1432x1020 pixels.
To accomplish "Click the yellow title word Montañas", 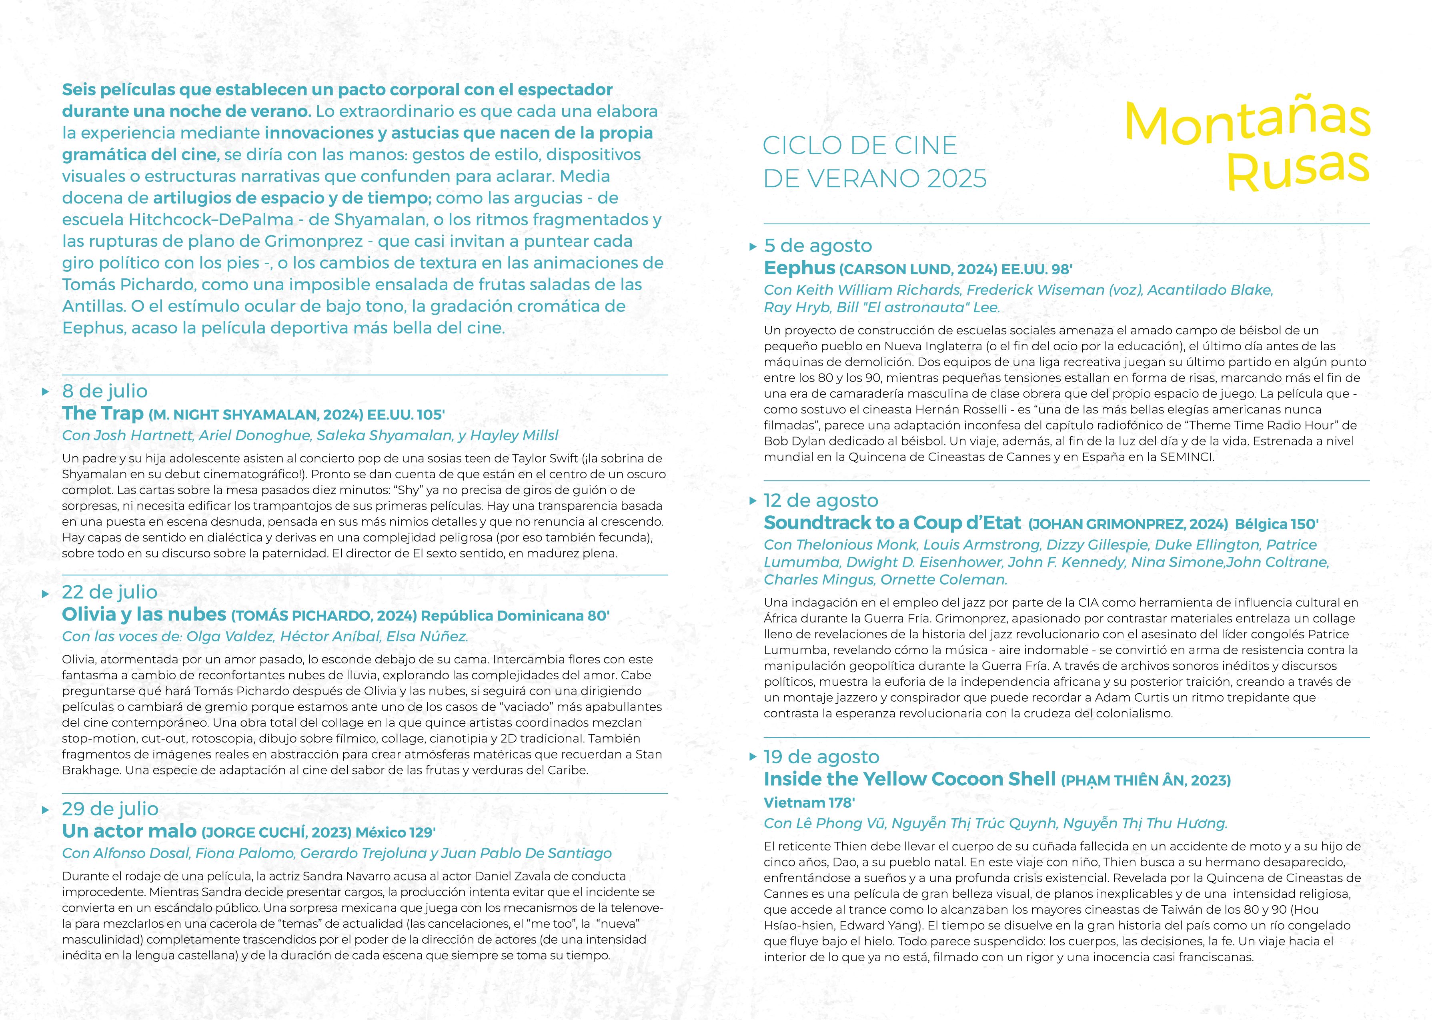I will point(1247,122).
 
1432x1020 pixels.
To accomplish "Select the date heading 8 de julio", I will point(104,391).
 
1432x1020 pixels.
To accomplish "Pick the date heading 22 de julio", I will point(109,592).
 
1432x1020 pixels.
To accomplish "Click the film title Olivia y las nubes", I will point(144,614).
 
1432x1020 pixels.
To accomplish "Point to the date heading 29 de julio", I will point(110,809).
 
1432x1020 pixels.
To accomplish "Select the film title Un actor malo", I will point(130,832).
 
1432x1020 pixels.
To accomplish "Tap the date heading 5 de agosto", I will point(817,246).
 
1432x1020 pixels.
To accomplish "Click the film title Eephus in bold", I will point(799,268).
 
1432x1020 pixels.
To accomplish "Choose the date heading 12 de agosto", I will point(821,501).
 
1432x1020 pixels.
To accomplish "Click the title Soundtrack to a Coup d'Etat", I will point(892,523).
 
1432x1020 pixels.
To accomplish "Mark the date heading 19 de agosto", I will point(821,757).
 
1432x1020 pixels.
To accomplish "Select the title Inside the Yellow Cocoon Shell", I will point(909,779).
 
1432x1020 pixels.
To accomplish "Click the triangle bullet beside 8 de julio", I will point(45,392).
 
